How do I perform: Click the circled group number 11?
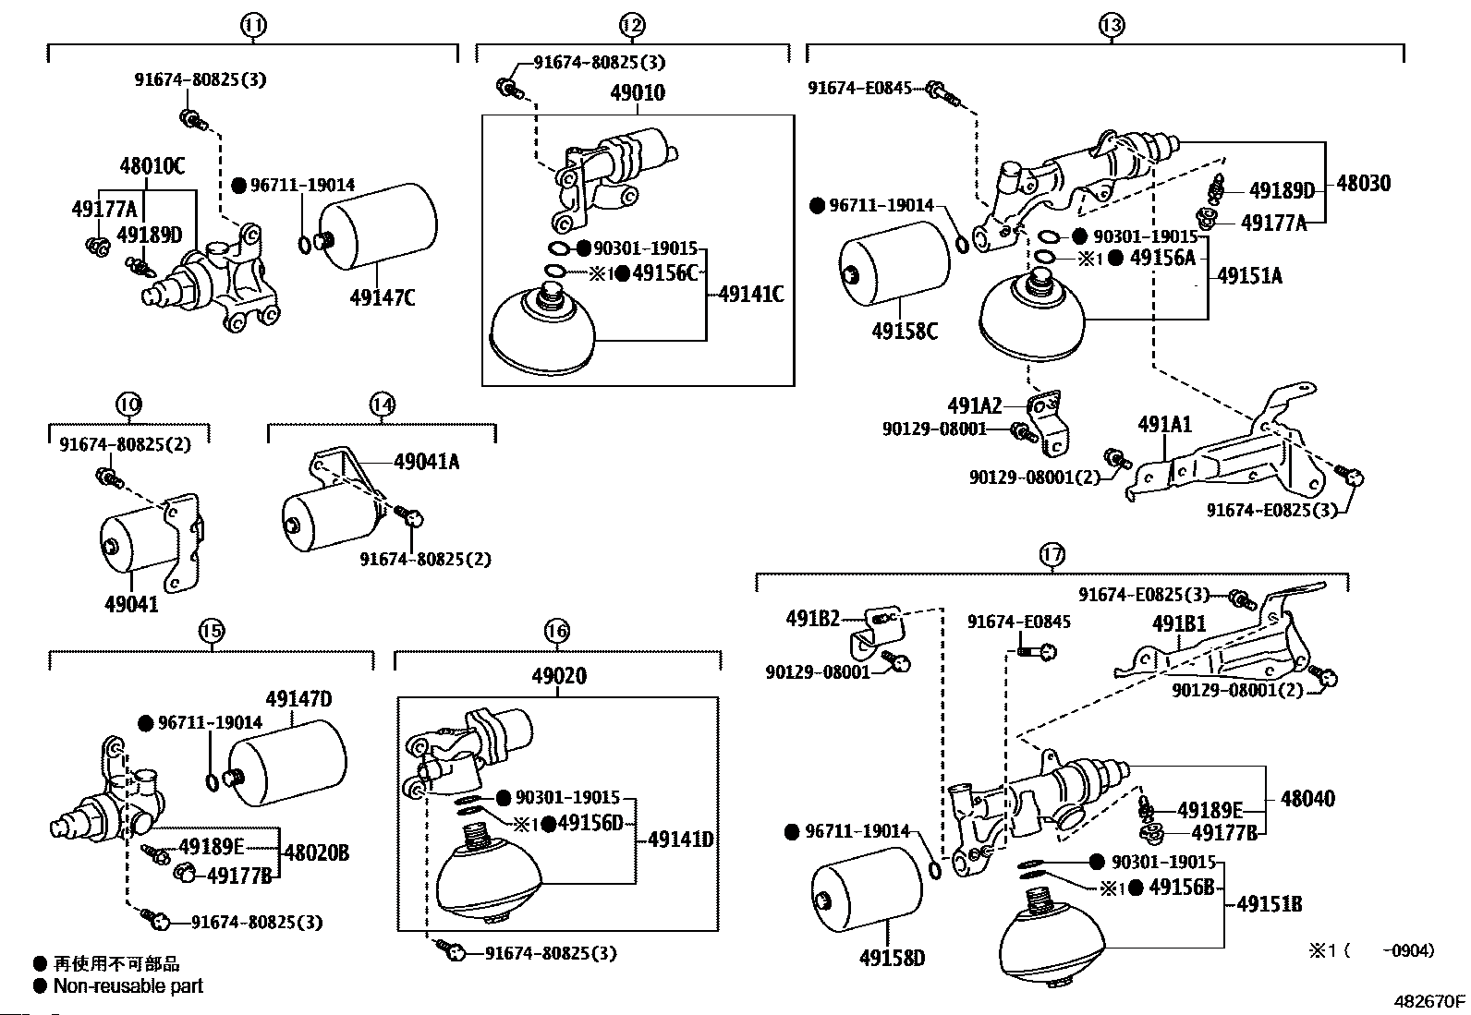pos(253,26)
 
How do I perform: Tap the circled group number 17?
pos(1052,555)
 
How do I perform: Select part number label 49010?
pos(637,93)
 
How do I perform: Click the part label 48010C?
pos(152,167)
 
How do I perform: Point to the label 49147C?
pos(383,297)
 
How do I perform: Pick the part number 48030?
pos(1363,183)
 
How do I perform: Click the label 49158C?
pos(904,330)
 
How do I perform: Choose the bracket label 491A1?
pos(1164,425)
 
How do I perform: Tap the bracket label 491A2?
pos(974,405)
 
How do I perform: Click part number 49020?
pos(558,676)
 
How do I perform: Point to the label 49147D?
pos(298,699)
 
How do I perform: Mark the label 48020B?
pos(317,852)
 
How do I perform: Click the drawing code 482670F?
pos(1429,1001)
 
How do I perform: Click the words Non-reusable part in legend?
pos(128,985)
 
